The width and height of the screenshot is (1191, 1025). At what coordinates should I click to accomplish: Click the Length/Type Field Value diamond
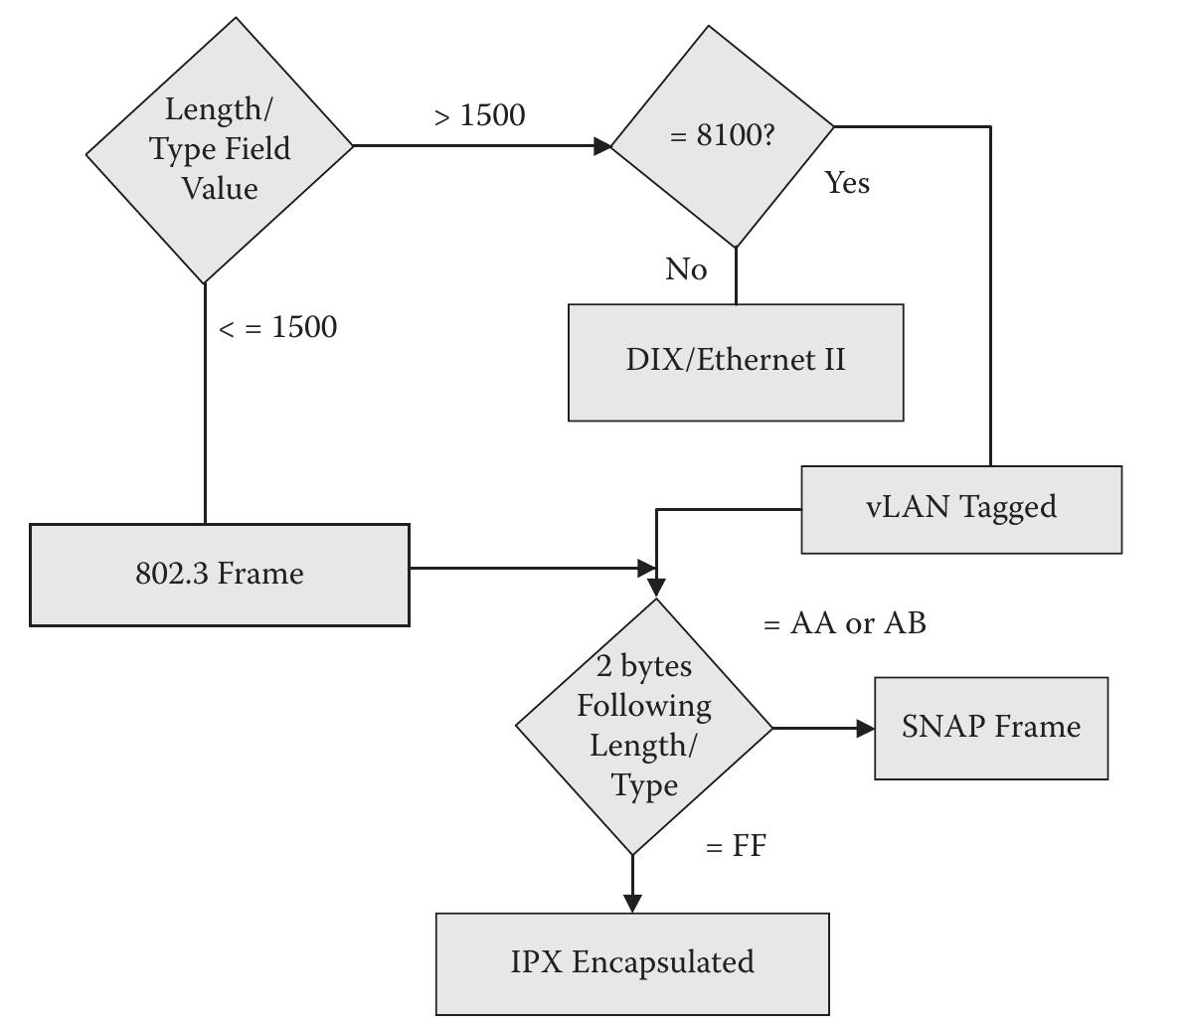pos(220,149)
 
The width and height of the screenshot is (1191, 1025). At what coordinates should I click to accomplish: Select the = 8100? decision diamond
pos(722,136)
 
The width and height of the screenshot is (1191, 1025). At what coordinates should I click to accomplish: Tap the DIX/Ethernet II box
pos(736,362)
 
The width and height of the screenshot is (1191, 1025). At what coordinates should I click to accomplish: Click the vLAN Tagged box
pos(961,508)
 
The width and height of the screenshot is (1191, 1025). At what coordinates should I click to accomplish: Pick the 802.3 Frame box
pos(220,575)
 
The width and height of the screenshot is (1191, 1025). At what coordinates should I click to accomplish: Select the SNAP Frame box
pos(991,728)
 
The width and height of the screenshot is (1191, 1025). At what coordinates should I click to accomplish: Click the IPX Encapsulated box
pos(632,962)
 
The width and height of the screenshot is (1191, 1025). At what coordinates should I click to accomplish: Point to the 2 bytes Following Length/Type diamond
pos(643,727)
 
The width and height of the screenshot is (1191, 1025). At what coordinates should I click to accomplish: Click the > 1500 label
pos(479,115)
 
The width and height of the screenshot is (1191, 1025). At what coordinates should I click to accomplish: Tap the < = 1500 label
pos(277,327)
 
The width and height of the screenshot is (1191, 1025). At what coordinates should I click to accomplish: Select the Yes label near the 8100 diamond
pos(847,183)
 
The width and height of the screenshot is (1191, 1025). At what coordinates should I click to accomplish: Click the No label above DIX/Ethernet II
pos(686,269)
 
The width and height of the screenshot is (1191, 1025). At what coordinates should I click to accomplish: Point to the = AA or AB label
pos(844,623)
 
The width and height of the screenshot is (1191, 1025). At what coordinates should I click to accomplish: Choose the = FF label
pos(736,846)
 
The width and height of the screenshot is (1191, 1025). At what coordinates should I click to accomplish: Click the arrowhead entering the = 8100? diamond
pos(602,146)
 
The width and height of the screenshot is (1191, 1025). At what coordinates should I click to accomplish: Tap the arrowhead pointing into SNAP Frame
pos(865,728)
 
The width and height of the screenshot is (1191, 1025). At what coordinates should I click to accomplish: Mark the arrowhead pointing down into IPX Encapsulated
pos(632,902)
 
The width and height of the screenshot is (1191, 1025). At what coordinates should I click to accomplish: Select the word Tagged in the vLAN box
pos(1009,508)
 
